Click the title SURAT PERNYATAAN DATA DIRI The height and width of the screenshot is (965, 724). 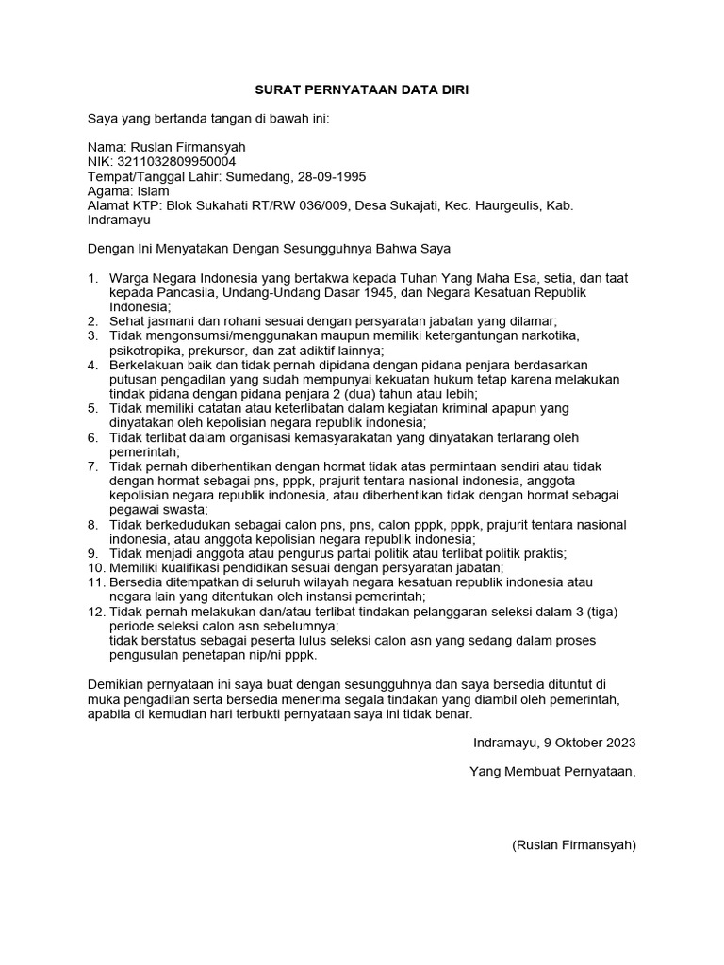pyautogui.click(x=362, y=90)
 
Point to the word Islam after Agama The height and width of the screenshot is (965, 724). pyautogui.click(x=154, y=190)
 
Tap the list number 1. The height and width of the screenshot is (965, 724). pyautogui.click(x=92, y=278)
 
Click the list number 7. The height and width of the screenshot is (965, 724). pyautogui.click(x=92, y=466)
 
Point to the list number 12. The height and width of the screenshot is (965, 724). pyautogui.click(x=95, y=612)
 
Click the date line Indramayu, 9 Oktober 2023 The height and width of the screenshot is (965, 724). pyautogui.click(x=554, y=743)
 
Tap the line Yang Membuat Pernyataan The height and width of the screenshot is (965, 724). pyautogui.click(x=552, y=772)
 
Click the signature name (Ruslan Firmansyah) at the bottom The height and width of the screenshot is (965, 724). pyautogui.click(x=574, y=844)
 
